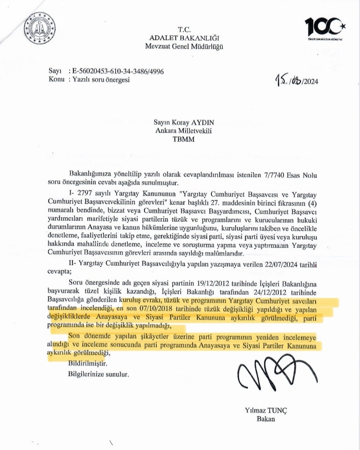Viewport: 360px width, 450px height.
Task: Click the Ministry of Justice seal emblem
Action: click(39, 28)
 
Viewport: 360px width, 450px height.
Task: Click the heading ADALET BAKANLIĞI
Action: click(184, 38)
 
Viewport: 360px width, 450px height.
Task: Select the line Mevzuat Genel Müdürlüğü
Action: click(184, 46)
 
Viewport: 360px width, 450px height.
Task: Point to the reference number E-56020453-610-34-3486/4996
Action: click(116, 71)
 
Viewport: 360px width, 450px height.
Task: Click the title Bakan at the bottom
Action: click(265, 419)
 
